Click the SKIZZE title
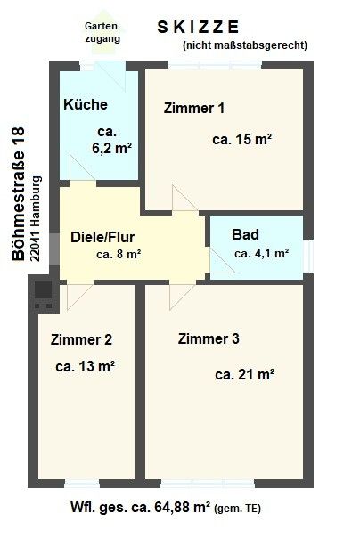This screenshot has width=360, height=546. pos(198,27)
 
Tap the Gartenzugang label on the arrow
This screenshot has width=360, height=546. pos(102,32)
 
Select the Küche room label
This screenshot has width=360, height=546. pos(86,104)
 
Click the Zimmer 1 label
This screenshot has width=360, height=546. pos(193,108)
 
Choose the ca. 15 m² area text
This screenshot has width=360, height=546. pos(241,139)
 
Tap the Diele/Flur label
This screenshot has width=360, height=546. pos(102,237)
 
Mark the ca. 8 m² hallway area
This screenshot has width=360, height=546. pos(119,254)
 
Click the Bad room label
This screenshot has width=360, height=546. pos(245,234)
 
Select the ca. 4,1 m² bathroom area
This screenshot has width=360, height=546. pos(261,253)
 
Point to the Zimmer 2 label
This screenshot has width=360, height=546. pos(81,339)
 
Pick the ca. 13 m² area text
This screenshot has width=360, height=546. pos(85,366)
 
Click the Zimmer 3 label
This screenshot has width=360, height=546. pos(209,338)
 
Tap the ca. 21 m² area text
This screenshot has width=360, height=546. pos(245,375)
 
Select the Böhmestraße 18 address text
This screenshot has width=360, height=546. pos(18,193)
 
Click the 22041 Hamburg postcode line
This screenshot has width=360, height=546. pos(36,219)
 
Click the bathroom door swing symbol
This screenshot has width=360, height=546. pos(222,260)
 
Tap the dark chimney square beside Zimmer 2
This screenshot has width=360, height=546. pos(43,289)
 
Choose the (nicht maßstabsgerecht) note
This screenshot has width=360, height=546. pos(245,45)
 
